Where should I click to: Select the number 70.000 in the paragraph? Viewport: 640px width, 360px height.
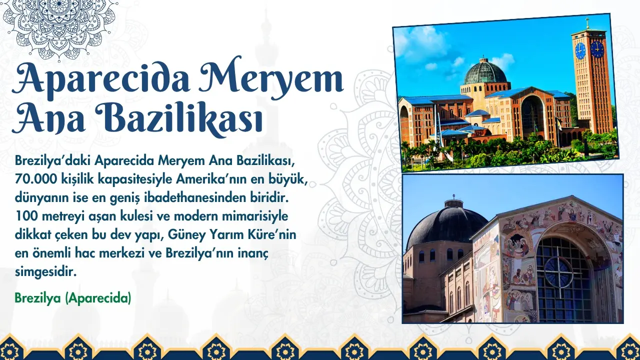(x=35, y=179)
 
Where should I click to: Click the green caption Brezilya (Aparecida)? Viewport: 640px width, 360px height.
(x=73, y=298)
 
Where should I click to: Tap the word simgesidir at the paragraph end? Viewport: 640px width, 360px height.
(x=46, y=272)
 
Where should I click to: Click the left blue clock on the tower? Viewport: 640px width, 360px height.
(x=580, y=51)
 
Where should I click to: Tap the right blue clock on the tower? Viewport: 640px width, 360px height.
(x=597, y=49)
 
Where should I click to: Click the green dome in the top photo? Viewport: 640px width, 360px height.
(x=485, y=72)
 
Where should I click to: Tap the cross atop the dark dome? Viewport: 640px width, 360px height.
(x=453, y=196)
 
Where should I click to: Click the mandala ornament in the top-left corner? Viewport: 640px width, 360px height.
(x=59, y=26)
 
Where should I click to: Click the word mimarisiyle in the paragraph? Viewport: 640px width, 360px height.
(x=255, y=216)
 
